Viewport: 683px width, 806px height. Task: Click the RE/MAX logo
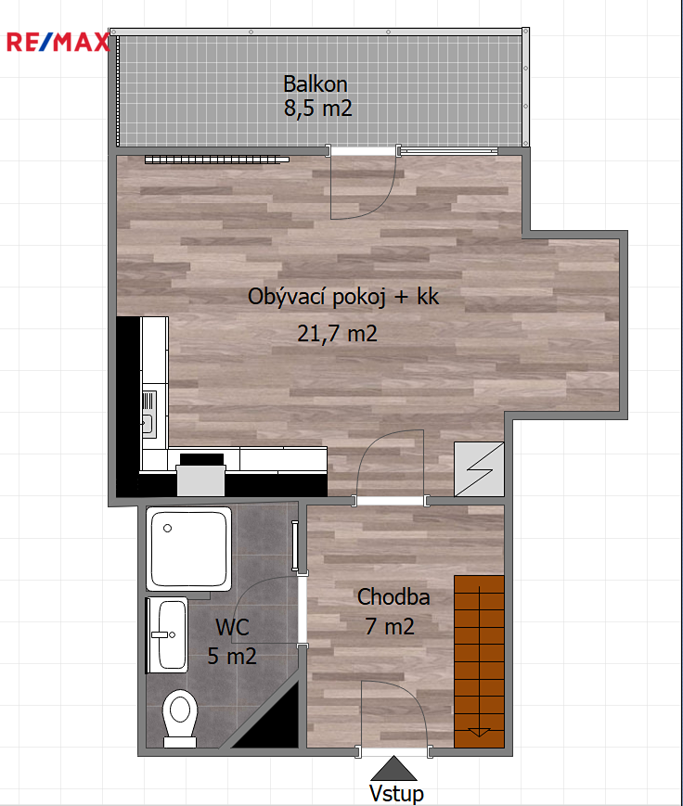[58, 42]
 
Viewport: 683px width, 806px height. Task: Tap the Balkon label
[316, 84]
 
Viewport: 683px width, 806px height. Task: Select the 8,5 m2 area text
[318, 109]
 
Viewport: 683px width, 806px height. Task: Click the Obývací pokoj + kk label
[343, 297]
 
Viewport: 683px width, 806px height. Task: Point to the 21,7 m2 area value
[338, 334]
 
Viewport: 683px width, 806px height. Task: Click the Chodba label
[393, 597]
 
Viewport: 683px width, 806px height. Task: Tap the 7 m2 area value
[390, 627]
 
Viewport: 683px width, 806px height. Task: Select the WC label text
[233, 627]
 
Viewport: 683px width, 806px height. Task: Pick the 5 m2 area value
[232, 657]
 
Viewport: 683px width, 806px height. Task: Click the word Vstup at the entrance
[396, 794]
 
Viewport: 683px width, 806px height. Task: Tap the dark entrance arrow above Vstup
[393, 769]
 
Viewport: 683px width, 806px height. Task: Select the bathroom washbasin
[167, 634]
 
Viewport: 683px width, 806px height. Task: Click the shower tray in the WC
[188, 548]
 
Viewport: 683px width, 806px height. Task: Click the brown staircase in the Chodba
[479, 661]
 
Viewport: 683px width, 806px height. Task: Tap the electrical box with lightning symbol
[479, 469]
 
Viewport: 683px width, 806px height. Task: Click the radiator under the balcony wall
[216, 160]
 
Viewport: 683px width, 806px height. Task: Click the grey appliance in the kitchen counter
[201, 480]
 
